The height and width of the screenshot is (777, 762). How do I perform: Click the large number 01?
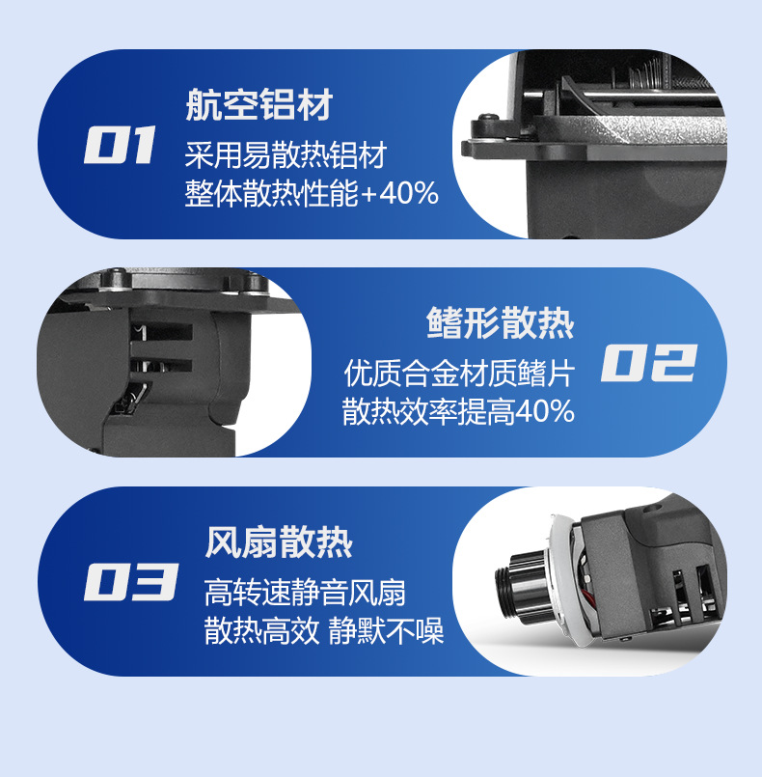coord(120,144)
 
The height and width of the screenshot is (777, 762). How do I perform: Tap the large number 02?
coord(649,363)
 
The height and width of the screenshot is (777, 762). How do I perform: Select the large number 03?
coord(131,582)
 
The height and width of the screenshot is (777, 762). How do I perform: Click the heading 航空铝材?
coord(259,104)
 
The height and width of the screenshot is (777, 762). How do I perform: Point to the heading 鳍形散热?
coord(500,323)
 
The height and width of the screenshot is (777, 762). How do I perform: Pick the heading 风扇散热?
coord(278,542)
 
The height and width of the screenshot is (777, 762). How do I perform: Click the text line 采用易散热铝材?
coord(286,155)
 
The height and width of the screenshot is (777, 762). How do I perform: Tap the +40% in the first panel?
coord(399,193)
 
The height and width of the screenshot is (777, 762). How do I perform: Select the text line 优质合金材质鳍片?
coord(459,374)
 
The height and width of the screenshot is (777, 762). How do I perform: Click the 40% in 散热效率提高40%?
coord(545,411)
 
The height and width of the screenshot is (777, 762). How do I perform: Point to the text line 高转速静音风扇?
coord(305,593)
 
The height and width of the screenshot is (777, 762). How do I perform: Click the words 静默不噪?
coord(386,631)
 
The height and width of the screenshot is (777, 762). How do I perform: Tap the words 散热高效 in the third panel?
coord(261,631)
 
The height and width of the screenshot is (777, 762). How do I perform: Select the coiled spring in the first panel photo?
coord(648,73)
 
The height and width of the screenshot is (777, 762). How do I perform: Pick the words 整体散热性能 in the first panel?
coord(271,193)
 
